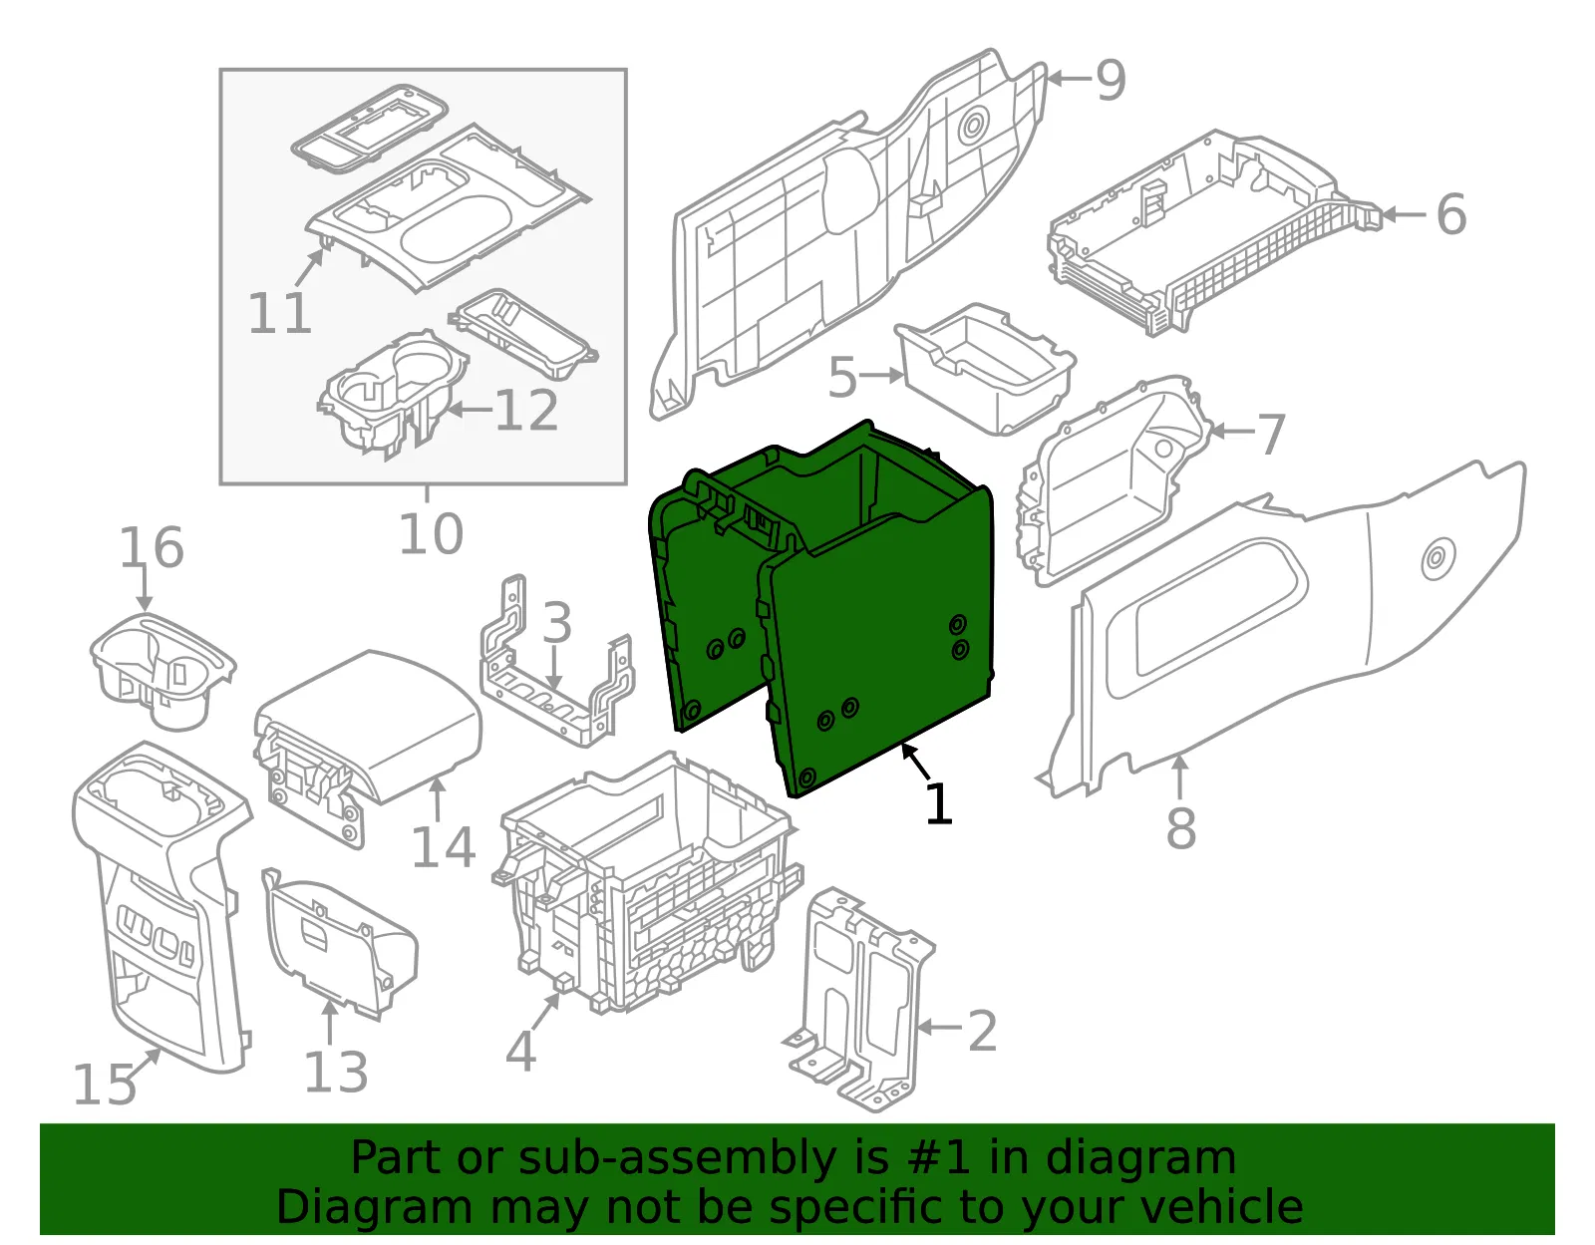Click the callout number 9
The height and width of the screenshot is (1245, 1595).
1111,80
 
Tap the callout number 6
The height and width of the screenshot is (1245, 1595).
1451,214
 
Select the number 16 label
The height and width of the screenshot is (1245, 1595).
152,547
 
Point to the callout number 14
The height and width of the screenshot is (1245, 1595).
444,847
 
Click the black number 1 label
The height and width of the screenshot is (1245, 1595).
938,803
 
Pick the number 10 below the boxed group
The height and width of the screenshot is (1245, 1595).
431,533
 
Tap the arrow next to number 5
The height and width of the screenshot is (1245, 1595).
881,376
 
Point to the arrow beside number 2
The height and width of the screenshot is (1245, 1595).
938,1027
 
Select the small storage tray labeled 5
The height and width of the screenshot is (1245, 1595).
985,367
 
